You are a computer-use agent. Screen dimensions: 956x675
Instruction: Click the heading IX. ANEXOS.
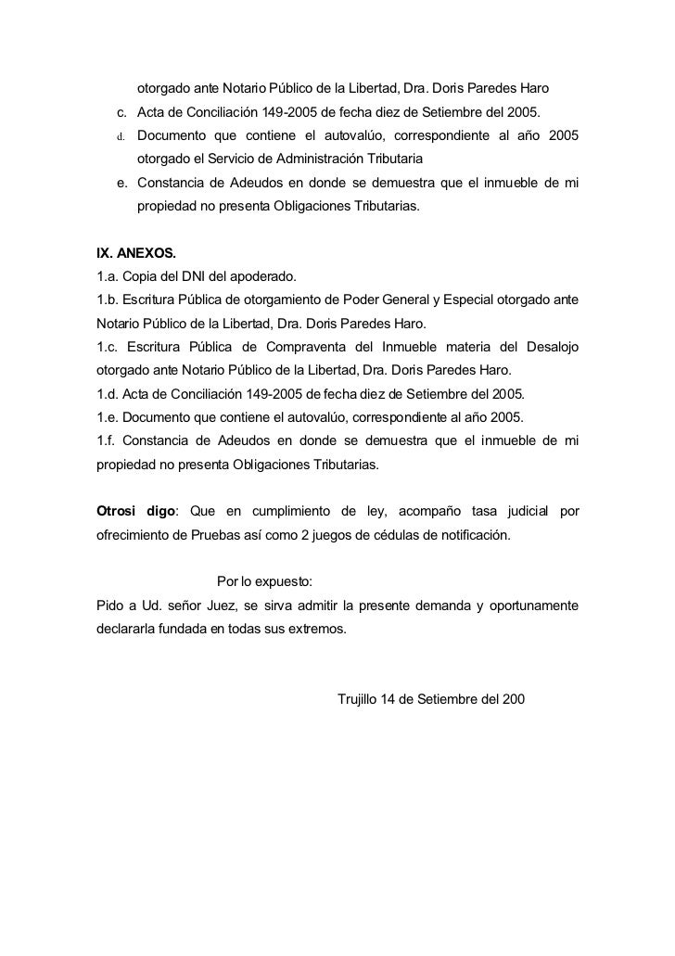(134, 252)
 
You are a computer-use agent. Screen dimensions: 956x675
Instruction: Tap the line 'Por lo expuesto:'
(264, 582)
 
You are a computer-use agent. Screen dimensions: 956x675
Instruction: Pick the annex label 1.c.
(108, 347)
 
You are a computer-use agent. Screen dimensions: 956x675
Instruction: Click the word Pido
(111, 606)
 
